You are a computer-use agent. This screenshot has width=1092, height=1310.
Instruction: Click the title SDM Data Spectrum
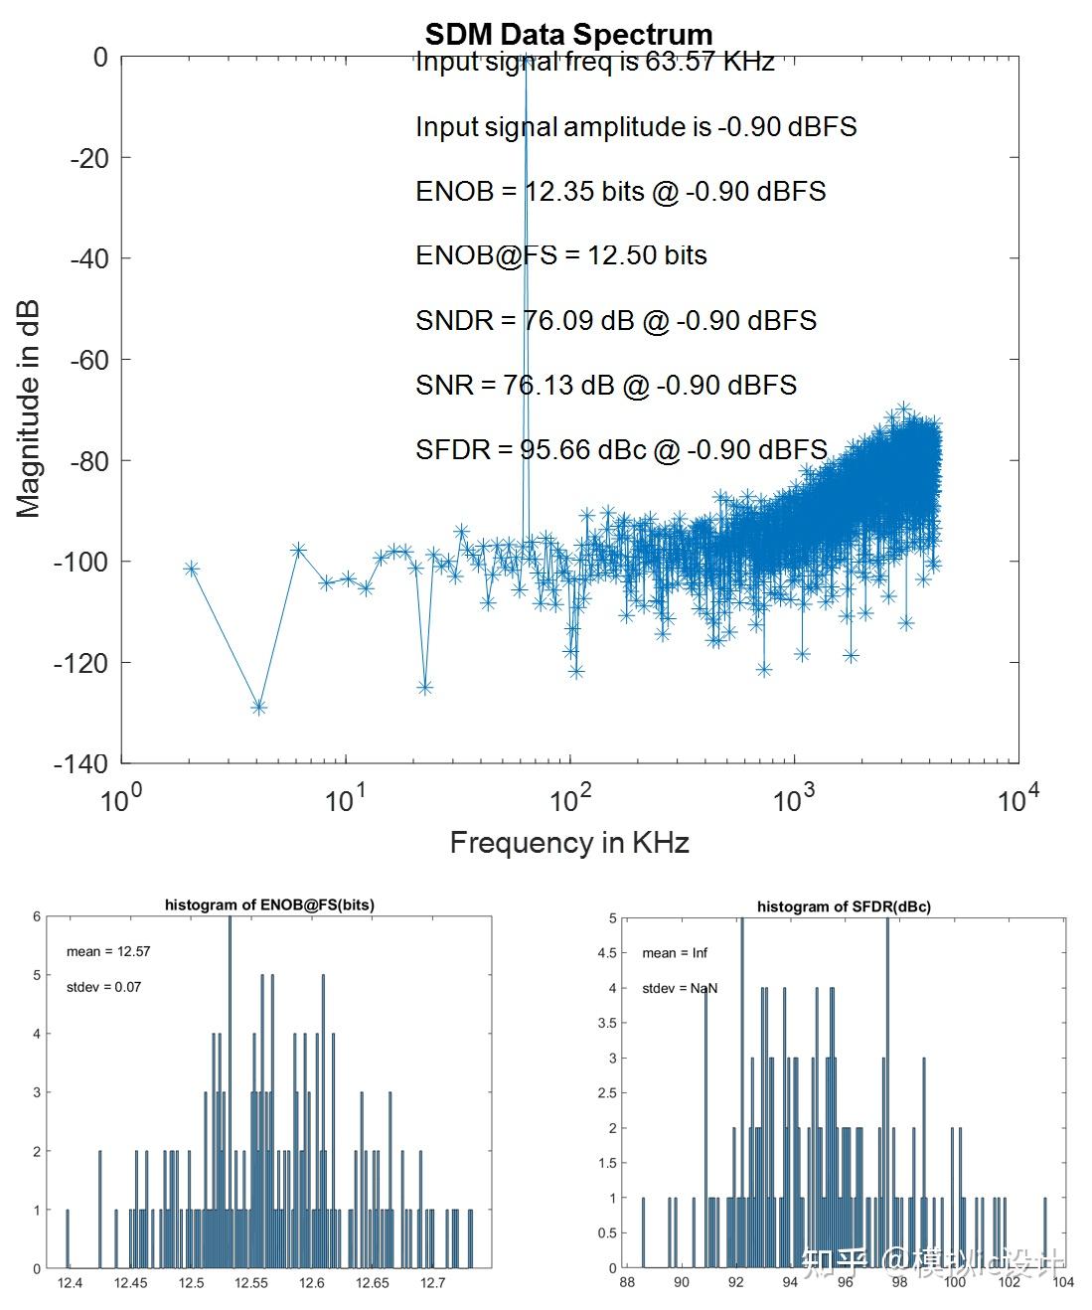click(568, 35)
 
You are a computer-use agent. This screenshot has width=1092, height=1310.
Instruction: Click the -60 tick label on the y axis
click(88, 360)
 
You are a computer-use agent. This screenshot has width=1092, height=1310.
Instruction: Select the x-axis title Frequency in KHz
click(569, 843)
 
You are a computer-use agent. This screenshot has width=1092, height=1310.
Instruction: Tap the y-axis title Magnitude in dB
click(29, 409)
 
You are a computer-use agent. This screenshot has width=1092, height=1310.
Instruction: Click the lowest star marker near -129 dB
click(259, 707)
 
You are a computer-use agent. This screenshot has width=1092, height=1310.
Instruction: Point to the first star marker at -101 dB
click(192, 569)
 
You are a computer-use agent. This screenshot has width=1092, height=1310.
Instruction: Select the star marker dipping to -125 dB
click(425, 687)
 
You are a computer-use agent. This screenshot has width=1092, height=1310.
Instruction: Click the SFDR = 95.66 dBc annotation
click(621, 450)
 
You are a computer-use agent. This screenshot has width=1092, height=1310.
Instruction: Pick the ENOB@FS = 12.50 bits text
click(561, 255)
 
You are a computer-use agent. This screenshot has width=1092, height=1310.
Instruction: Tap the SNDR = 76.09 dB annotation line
click(616, 320)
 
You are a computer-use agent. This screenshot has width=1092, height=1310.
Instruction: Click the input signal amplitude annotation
click(636, 126)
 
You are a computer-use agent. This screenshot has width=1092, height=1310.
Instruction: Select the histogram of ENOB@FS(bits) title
click(269, 904)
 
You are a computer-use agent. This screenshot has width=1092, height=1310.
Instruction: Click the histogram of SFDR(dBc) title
click(844, 906)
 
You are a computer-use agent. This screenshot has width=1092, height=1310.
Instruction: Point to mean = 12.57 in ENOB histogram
click(108, 951)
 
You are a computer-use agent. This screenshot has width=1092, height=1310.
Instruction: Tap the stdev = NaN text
click(680, 988)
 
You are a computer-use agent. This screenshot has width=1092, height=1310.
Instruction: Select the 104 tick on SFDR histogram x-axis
click(1063, 1282)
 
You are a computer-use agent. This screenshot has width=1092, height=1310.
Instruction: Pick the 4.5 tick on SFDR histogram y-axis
click(604, 953)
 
